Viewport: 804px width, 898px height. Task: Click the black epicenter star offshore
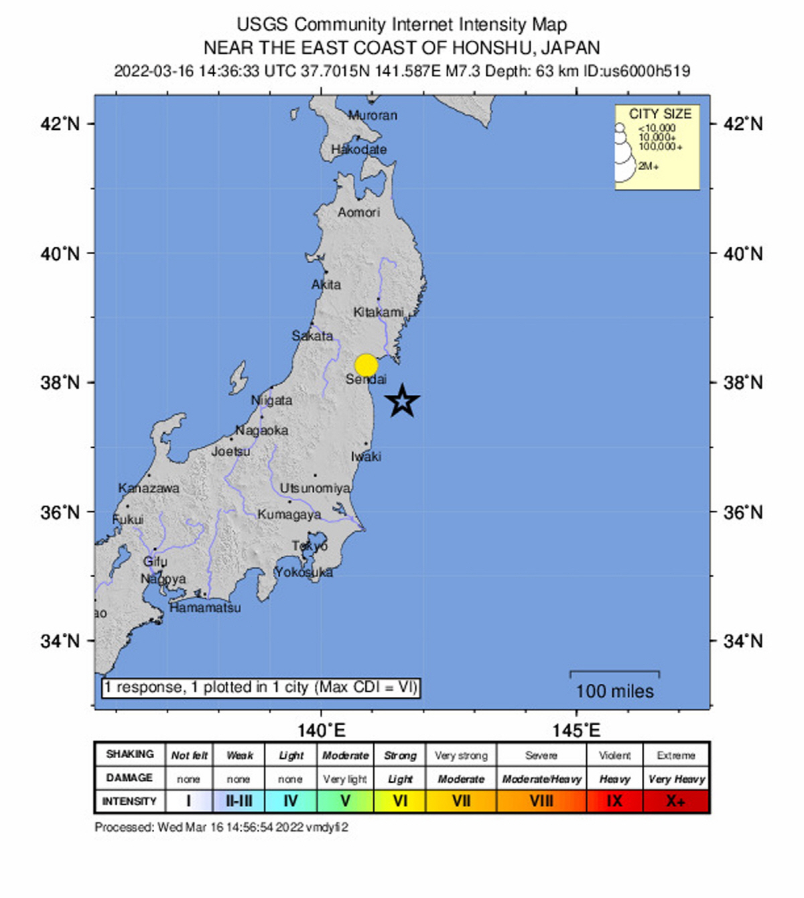tap(402, 401)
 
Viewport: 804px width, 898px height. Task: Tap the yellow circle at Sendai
tap(366, 366)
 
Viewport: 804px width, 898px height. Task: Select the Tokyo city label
tap(310, 546)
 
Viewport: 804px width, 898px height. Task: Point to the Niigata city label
tap(271, 400)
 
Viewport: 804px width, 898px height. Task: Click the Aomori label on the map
tap(358, 212)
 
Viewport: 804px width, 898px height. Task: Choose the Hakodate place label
tap(358, 149)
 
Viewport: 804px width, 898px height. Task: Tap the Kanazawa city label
tap(149, 488)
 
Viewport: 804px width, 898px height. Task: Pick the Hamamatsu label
tap(205, 607)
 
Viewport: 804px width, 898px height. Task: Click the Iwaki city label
tap(366, 457)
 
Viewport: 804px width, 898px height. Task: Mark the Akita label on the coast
tap(326, 285)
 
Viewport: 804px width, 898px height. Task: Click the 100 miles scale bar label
tap(614, 691)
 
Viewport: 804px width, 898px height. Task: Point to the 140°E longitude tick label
tap(321, 729)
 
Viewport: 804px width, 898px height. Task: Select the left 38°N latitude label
tap(60, 382)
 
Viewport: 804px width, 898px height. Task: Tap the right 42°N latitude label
tap(743, 124)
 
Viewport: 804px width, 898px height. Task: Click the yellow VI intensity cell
tap(400, 801)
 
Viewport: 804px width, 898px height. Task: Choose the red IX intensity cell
tap(614, 801)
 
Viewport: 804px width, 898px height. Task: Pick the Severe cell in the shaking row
tap(541, 755)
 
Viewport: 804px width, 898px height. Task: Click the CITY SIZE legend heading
tap(659, 114)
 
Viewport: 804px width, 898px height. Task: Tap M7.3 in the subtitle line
tap(463, 71)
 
